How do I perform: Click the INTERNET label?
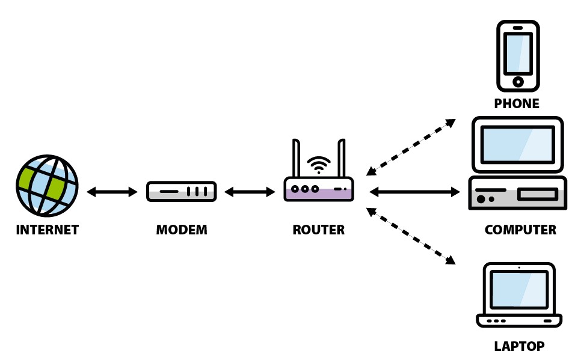click(48, 230)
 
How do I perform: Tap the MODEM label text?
click(182, 230)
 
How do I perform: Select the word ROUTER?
click(319, 230)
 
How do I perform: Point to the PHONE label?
click(517, 103)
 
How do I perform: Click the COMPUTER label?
click(520, 230)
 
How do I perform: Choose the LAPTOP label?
click(519, 346)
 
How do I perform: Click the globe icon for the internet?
click(47, 185)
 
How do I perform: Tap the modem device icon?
click(182, 191)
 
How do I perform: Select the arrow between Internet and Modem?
click(112, 192)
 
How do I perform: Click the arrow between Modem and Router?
click(250, 192)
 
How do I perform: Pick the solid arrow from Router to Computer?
click(414, 192)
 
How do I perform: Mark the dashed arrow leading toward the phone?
click(411, 147)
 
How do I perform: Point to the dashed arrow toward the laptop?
click(411, 236)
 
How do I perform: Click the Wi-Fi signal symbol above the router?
click(319, 165)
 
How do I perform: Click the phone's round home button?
click(518, 81)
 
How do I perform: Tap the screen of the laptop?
click(519, 290)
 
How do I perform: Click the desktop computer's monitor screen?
click(517, 144)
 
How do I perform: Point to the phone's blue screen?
click(518, 53)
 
